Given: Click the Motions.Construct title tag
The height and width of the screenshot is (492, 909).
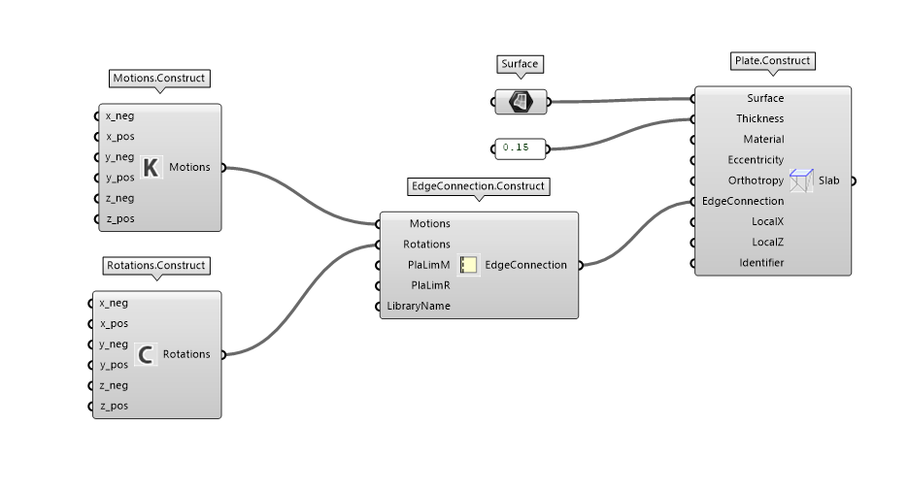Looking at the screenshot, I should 159,78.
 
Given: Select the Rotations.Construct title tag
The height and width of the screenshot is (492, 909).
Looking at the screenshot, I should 156,265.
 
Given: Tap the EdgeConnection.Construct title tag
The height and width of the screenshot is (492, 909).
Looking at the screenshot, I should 479,185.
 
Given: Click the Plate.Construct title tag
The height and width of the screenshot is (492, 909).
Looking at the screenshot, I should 772,60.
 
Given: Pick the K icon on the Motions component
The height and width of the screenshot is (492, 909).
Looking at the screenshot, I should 150,167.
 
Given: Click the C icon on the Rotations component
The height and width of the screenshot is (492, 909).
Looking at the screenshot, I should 146,354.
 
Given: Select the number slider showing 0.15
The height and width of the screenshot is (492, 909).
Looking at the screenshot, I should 521,148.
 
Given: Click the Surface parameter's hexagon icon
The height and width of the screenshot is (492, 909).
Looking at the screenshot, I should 521,100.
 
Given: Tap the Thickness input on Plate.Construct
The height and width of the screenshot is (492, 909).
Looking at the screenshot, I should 759,118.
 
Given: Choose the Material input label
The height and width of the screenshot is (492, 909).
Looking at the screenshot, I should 763,139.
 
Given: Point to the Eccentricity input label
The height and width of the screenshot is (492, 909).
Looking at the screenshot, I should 756,159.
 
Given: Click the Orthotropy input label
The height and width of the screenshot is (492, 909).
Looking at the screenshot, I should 756,180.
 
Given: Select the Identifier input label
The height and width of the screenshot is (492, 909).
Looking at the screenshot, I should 761,262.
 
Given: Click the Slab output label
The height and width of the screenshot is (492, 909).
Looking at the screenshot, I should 829,180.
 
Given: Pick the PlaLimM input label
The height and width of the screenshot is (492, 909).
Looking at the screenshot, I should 428,264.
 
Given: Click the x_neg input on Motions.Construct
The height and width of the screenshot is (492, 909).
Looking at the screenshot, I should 119,115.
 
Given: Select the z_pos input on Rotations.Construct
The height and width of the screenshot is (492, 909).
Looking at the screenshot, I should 114,406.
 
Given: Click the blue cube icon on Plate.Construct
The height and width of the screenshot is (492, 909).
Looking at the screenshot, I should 801,180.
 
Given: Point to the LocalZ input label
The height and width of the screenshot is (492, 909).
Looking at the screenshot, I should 767,242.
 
